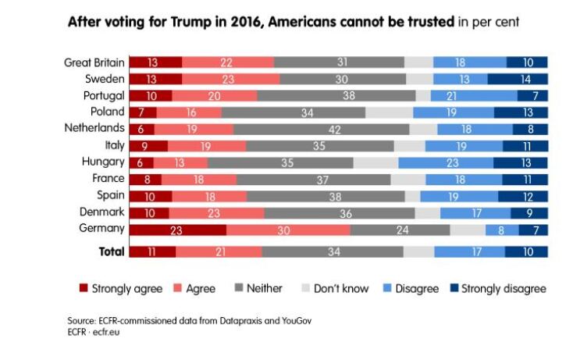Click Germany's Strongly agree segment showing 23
(177, 229)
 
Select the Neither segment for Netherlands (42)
(321, 129)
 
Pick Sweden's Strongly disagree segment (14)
(517, 79)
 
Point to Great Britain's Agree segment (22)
(227, 62)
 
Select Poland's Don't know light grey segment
(389, 112)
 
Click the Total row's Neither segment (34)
(333, 251)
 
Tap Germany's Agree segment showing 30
(288, 229)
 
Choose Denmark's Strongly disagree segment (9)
(529, 212)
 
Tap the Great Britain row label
(94, 62)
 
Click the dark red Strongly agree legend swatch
(84, 288)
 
